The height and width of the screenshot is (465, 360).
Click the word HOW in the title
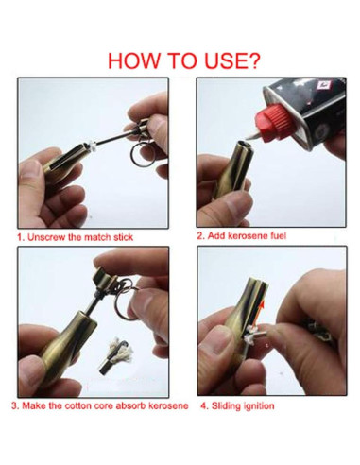coord(134,60)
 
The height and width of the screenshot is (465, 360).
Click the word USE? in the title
coord(232,60)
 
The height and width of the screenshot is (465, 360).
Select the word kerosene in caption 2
coord(248,235)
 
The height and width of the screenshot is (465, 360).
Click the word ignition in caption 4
coord(258,405)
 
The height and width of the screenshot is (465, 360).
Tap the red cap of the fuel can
coord(272,124)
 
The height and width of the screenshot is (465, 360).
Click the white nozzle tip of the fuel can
coord(250,136)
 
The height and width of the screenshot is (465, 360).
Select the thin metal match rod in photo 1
coord(111,139)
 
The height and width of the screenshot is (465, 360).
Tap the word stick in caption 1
coord(124,237)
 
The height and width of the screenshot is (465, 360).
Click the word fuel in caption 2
coord(279,235)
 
